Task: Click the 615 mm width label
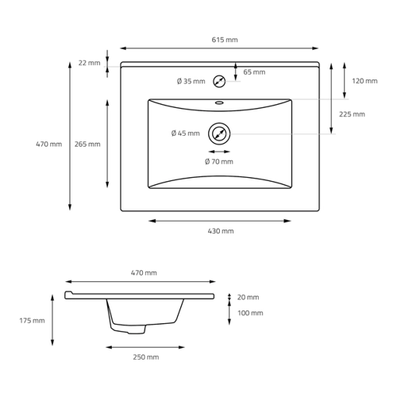point(225,40)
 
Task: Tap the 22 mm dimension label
point(89,63)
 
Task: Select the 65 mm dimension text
point(254,72)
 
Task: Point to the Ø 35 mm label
point(191,81)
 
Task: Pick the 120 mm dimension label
point(364,81)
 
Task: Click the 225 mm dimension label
point(352,114)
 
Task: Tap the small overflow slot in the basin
point(219,102)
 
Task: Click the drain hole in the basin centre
point(219,133)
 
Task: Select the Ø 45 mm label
point(185,133)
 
